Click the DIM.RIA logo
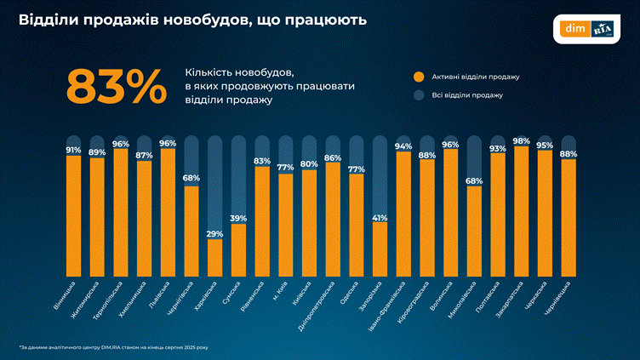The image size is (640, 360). click(x=591, y=28)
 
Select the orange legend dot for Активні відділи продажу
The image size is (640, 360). click(x=419, y=77)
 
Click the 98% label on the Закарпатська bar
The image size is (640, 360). click(x=521, y=140)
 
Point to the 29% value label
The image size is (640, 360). click(x=215, y=233)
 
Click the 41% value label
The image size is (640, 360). click(x=380, y=217)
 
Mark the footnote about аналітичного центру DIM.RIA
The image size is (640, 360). click(x=119, y=347)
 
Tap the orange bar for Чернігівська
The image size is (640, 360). click(x=192, y=230)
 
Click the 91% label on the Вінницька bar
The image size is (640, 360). click(x=73, y=151)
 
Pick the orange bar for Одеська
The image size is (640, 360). click(x=357, y=225)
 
